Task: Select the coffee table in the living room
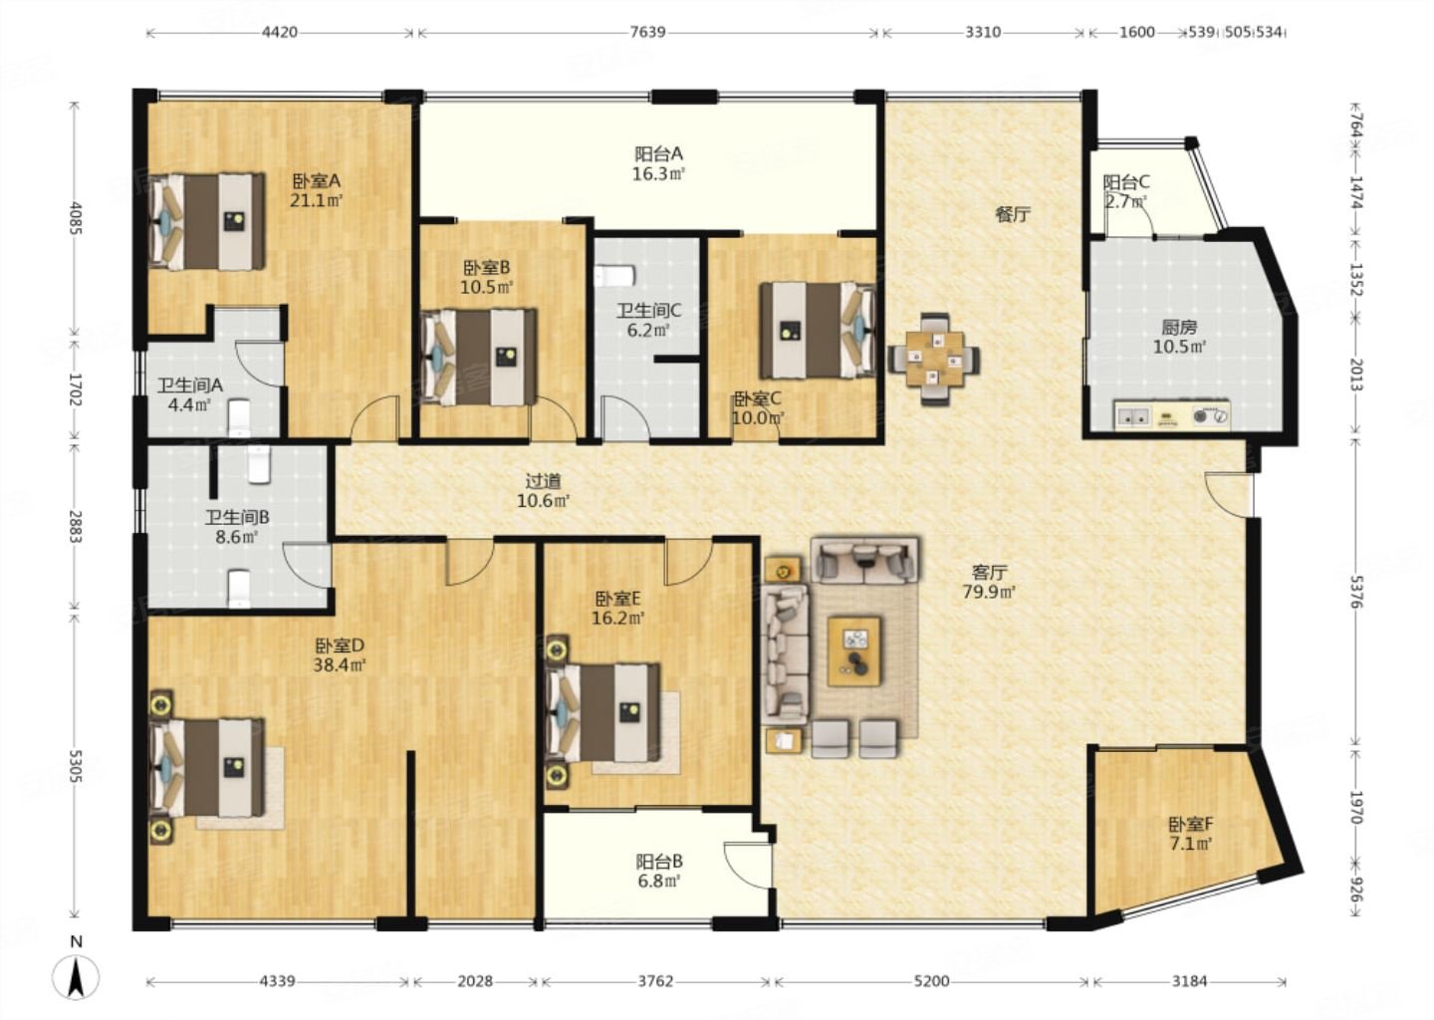click(x=853, y=650)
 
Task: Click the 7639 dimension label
click(x=648, y=32)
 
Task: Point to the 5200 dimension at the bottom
click(x=931, y=981)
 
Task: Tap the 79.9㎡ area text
click(x=989, y=592)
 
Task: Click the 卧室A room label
click(x=317, y=181)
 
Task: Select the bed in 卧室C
click(x=818, y=331)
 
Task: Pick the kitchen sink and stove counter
click(x=1171, y=415)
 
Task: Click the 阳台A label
click(x=659, y=154)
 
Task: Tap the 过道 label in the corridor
click(x=543, y=480)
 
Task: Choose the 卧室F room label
click(x=1191, y=824)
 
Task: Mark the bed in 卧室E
click(x=601, y=712)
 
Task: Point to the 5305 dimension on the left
click(x=76, y=766)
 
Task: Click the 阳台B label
click(x=659, y=862)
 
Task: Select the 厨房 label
click(x=1179, y=327)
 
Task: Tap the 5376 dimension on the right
click(x=1356, y=593)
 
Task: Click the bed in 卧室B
click(x=479, y=358)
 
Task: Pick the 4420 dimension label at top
click(x=280, y=32)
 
